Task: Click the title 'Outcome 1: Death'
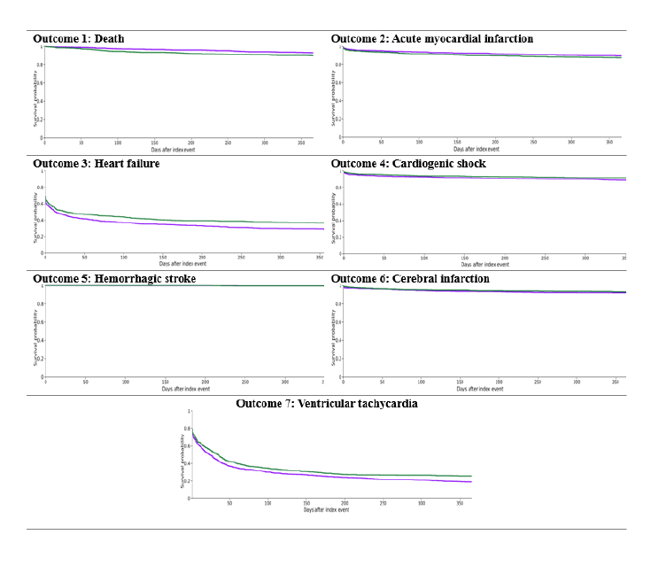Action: (x=78, y=39)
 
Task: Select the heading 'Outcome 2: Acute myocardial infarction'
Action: (x=432, y=39)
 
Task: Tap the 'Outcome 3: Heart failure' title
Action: (x=96, y=164)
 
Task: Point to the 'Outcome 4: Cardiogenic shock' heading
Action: (x=408, y=164)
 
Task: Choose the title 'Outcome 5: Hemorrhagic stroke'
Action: (x=114, y=279)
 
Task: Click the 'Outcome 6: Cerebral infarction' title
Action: (x=410, y=279)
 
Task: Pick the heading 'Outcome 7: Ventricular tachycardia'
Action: (x=327, y=403)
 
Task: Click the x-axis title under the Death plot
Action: (x=178, y=150)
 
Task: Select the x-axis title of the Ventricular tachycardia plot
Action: (x=327, y=510)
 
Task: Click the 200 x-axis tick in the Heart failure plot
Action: (x=202, y=258)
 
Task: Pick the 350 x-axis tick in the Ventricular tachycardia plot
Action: (x=458, y=503)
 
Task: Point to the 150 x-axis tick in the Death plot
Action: (x=154, y=143)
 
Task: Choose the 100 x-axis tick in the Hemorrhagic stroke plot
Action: (x=125, y=382)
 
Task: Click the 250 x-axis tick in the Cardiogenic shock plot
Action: (x=545, y=258)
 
